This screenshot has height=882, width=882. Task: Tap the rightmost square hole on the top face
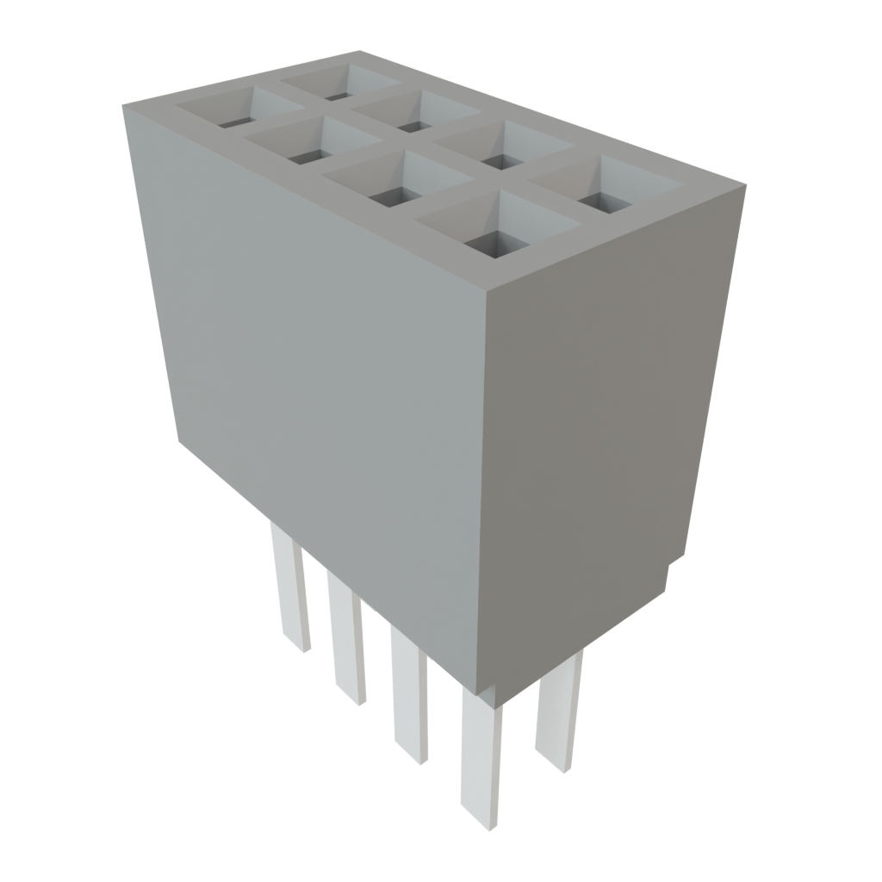tap(606, 193)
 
